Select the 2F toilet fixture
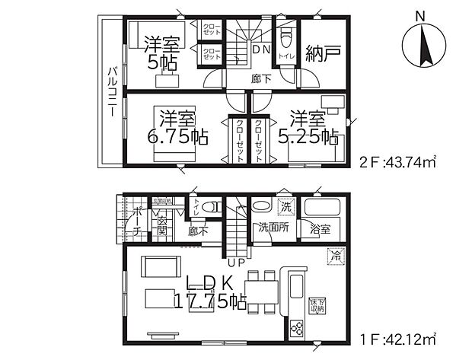coord(285,39)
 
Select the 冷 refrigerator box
coord(334,256)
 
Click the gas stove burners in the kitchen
coord(295,327)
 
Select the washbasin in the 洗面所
coord(260,205)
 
